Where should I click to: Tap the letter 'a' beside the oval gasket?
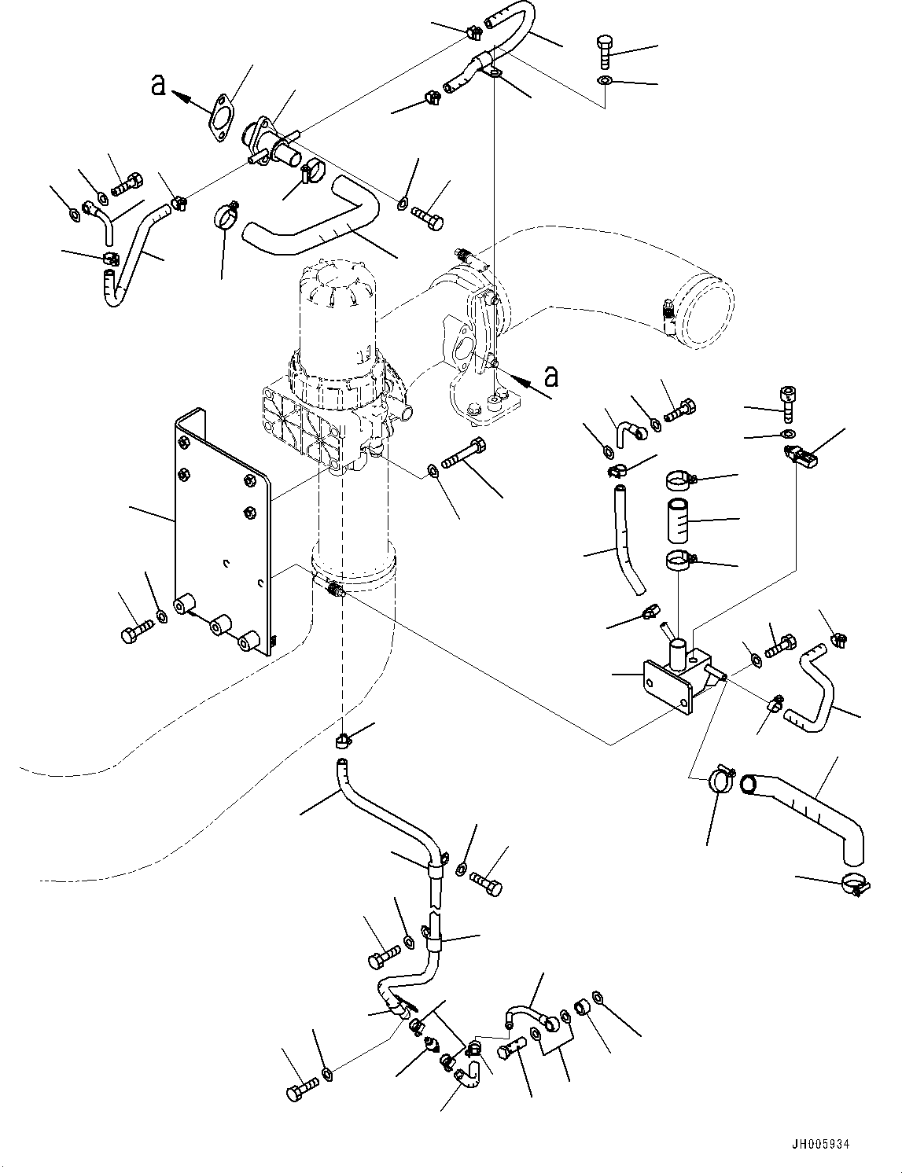[x=159, y=85]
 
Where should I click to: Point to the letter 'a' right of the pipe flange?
[x=552, y=377]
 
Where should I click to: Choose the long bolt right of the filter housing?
[x=464, y=454]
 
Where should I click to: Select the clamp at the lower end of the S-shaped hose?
[x=855, y=884]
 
